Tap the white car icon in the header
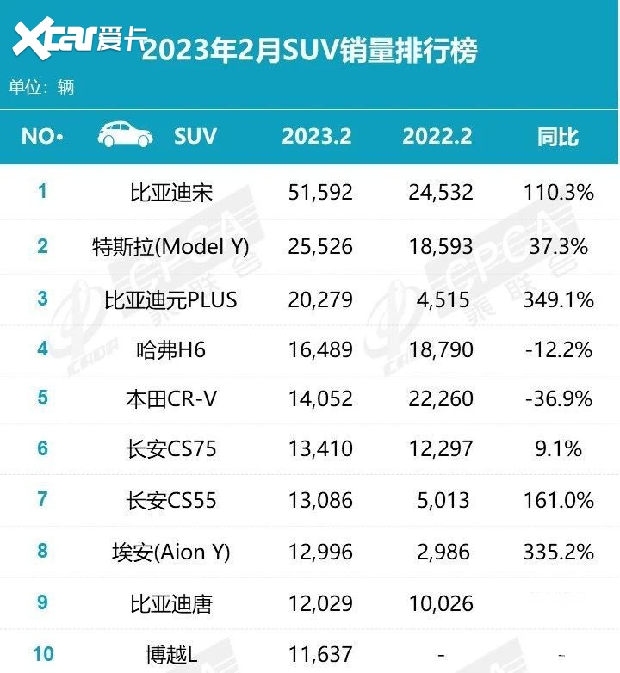(x=126, y=135)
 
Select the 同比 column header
(x=558, y=136)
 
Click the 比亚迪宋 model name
(x=170, y=192)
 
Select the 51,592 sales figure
(x=320, y=192)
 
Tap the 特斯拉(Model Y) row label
(x=170, y=247)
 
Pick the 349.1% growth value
(x=559, y=299)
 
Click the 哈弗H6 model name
(x=170, y=349)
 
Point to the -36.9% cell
(x=559, y=399)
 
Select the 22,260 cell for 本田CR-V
(x=441, y=399)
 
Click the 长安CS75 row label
(x=170, y=449)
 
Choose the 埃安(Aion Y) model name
(x=170, y=552)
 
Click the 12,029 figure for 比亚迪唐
(x=320, y=603)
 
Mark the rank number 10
(x=43, y=654)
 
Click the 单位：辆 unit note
(x=41, y=87)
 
